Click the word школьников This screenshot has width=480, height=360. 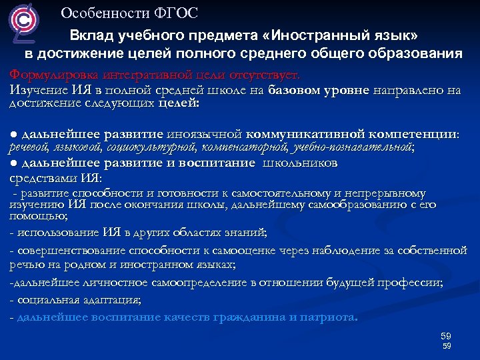[x=299, y=163]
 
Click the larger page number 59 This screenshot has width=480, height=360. [x=446, y=335]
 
